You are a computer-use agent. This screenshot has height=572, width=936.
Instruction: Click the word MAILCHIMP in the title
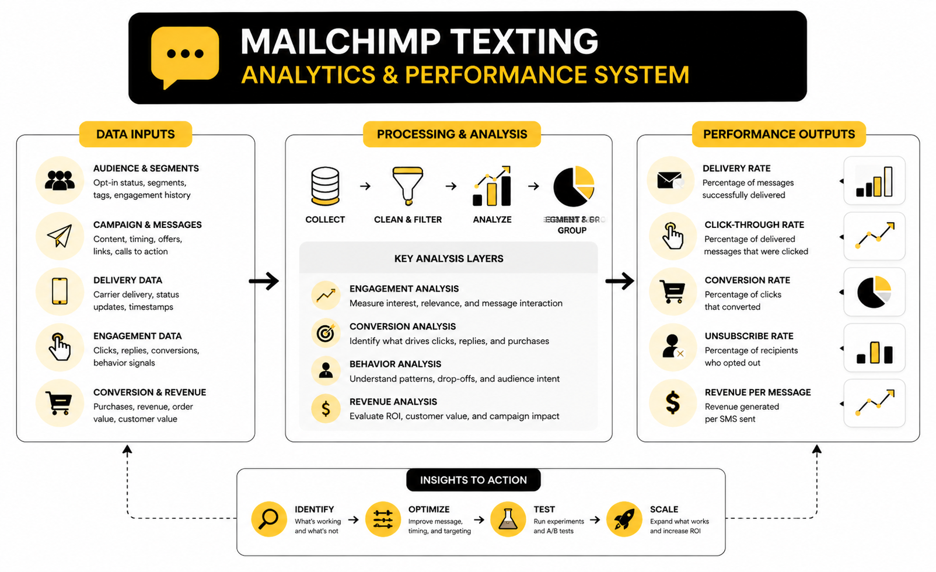point(340,42)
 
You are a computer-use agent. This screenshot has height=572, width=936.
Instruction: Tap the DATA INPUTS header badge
point(135,134)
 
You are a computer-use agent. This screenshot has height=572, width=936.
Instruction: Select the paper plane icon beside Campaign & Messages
point(60,236)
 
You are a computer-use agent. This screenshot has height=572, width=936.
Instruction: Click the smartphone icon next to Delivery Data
point(60,291)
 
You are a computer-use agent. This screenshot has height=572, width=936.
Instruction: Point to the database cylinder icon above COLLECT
point(325,187)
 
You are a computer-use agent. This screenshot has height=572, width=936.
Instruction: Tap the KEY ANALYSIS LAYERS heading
point(449,258)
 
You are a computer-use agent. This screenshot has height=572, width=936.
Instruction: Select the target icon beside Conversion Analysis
point(326,333)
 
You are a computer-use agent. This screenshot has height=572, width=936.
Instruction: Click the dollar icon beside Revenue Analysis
point(326,408)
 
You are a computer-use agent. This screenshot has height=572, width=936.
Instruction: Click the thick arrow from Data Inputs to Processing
point(264,281)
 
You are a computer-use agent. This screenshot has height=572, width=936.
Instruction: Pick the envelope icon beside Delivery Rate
point(670,180)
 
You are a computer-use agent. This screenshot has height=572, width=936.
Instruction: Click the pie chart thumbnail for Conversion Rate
point(874,292)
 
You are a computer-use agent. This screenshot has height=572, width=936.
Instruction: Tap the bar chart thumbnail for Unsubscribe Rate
point(874,348)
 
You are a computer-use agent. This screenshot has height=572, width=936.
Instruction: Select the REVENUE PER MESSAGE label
point(757,392)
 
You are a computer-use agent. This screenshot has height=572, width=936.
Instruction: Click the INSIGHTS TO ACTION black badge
point(473,480)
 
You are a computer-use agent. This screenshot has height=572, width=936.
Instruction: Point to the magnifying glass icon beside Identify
point(269,518)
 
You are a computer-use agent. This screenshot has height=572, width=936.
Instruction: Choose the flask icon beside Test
point(508,518)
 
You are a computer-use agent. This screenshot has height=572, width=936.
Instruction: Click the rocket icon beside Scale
point(624,518)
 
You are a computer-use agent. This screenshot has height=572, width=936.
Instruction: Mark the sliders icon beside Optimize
point(383,518)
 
